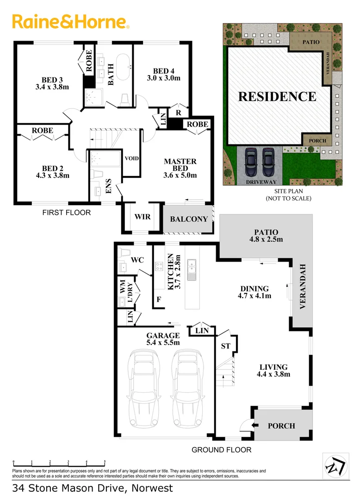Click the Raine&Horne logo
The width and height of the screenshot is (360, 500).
70,22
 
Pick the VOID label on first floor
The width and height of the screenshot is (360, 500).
132,158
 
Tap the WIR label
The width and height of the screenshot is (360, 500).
143,216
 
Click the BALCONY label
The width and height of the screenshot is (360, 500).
189,219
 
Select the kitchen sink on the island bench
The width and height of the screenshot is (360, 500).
192,269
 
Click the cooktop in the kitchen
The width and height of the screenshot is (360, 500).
159,266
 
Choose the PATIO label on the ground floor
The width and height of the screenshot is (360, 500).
266,232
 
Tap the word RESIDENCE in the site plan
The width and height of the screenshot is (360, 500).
277,96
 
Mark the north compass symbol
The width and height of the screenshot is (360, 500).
333,464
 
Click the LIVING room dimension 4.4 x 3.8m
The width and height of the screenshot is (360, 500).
274,375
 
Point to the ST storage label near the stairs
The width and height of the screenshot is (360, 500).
226,346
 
